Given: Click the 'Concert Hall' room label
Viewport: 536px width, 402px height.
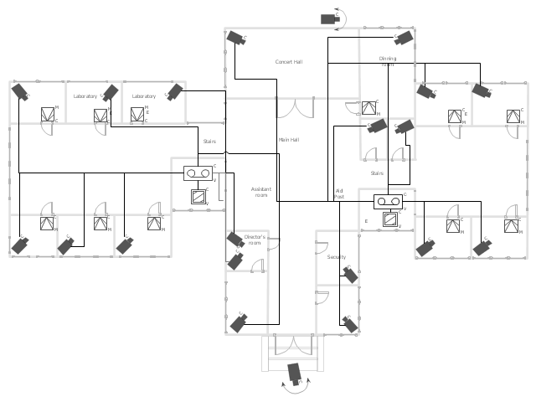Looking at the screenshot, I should [x=288, y=62].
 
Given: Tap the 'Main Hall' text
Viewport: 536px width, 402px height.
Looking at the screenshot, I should [x=289, y=140].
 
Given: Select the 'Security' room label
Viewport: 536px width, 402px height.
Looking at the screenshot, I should [x=337, y=257].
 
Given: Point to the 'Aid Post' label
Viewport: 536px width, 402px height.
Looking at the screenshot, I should [x=339, y=193].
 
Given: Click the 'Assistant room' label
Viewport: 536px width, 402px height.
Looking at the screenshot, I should [x=260, y=192].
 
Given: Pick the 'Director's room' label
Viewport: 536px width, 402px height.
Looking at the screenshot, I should [x=254, y=240].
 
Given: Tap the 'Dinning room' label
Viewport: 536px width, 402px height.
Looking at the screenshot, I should [x=387, y=61].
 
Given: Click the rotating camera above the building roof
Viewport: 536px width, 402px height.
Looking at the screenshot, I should [x=331, y=18].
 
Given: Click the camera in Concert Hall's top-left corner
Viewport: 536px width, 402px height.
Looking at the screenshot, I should [x=237, y=37].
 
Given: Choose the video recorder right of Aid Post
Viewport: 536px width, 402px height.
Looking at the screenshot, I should [x=389, y=201].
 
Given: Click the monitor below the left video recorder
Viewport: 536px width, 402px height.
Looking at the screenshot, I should [x=199, y=197].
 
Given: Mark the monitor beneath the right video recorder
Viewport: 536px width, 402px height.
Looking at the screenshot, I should [x=389, y=219].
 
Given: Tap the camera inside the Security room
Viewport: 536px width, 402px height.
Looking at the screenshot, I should [x=351, y=275].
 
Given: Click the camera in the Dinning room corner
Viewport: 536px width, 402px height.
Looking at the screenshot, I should [x=405, y=38].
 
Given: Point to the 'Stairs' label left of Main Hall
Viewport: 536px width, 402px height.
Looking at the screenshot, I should [x=209, y=142].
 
